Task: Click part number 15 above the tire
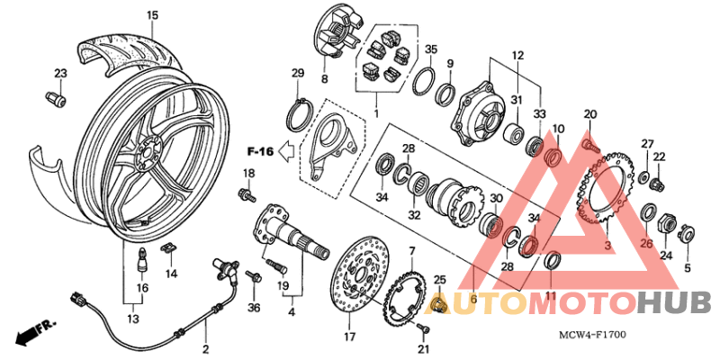pos(152,15)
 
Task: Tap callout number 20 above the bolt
pos(590,114)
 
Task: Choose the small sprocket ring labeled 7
pos(405,292)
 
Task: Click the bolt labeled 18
pos(244,193)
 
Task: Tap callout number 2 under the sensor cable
pos(205,349)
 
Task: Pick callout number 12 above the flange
pos(517,56)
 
